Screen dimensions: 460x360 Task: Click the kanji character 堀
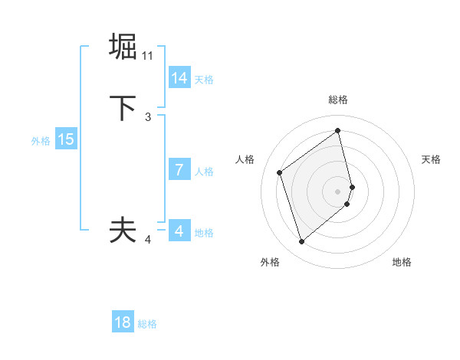pos(123,47)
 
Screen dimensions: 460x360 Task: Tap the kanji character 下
pos(123,108)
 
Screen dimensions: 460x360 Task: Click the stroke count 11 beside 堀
pos(148,56)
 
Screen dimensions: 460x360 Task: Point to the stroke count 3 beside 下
pos(148,117)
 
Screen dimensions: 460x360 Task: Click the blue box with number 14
pos(179,78)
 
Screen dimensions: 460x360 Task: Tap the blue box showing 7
pos(179,170)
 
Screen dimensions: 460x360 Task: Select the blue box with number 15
pos(66,139)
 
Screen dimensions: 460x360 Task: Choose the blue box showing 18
pos(123,322)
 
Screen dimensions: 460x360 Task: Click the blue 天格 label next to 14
pos(204,80)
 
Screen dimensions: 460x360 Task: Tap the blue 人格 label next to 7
pos(204,172)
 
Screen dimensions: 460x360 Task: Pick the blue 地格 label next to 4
pos(204,233)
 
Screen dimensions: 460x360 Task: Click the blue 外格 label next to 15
pos(41,141)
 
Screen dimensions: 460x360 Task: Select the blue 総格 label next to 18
pos(147,324)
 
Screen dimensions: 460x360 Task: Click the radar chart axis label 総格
pos(338,100)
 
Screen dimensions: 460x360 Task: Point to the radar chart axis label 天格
pos(432,159)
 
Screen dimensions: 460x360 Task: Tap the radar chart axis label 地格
pos(402,262)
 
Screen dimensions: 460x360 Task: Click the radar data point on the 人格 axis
pos(280,172)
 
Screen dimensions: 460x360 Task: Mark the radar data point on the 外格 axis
pos(301,242)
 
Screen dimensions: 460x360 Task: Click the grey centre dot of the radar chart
pos(338,191)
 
